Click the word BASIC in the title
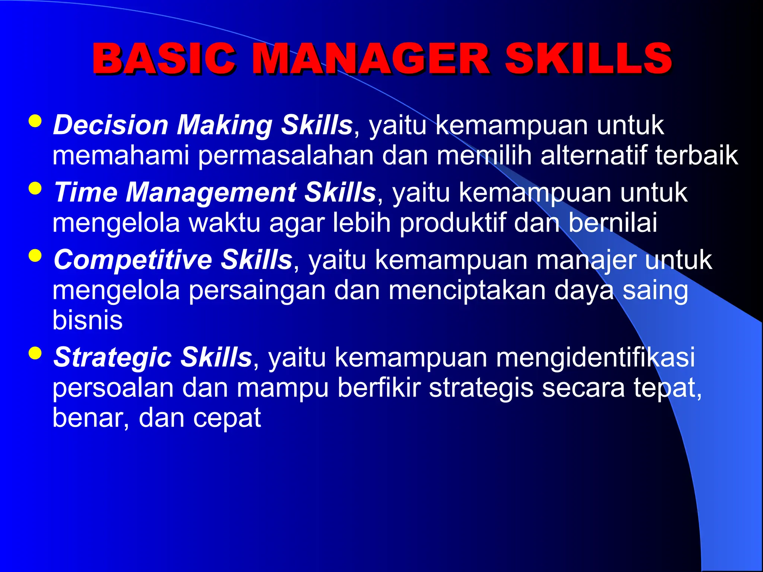point(164,59)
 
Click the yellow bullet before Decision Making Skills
point(35,121)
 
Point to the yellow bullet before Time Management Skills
point(35,188)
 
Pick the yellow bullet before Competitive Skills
point(35,256)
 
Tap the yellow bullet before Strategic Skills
point(35,353)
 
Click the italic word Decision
point(111,125)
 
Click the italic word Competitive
point(133,260)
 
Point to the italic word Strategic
point(113,357)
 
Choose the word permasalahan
point(285,155)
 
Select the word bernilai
point(612,223)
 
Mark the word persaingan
point(257,290)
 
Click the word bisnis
point(88,320)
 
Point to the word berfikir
point(379,387)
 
